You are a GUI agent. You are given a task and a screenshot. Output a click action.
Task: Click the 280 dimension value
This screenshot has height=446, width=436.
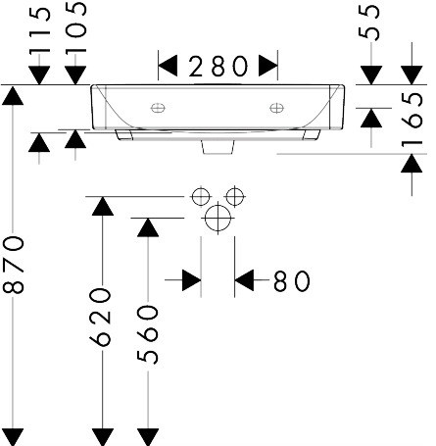218,67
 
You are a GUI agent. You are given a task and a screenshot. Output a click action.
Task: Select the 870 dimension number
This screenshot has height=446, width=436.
14,265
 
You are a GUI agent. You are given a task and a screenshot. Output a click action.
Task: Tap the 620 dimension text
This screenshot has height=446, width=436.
100,317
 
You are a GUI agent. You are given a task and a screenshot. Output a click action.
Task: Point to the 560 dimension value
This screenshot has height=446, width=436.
148,334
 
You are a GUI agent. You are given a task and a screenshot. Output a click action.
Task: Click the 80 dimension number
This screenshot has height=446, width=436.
292,281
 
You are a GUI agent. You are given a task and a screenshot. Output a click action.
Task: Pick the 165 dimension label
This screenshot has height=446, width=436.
412,119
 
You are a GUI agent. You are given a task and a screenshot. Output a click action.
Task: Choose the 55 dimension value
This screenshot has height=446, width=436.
369,23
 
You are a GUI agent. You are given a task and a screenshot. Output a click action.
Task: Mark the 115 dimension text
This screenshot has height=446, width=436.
40,30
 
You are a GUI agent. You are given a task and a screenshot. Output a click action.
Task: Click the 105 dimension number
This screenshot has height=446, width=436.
75,26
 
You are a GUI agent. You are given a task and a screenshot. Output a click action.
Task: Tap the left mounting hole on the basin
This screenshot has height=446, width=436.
158,108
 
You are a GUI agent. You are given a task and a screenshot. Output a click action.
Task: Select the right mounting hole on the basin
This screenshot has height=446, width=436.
276,108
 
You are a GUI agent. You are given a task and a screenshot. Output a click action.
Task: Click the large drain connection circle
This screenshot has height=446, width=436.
218,218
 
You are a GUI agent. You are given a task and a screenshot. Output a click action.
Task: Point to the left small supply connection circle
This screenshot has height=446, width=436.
201,197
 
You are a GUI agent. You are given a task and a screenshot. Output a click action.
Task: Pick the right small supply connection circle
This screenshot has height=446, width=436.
235,197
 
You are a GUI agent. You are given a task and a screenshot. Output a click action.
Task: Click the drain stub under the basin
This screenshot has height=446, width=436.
218,147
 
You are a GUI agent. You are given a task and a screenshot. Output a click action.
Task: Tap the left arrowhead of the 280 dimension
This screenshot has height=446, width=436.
168,66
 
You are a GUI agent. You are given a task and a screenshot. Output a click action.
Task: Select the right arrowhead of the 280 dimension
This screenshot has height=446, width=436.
268,66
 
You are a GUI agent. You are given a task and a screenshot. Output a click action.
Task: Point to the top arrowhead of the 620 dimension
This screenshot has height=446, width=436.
103,206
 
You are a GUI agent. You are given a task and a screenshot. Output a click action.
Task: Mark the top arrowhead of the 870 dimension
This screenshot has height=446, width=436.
13,95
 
